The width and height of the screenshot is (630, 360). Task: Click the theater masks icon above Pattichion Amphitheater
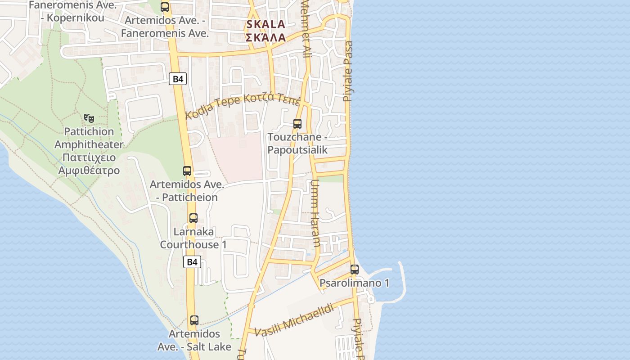[89, 118]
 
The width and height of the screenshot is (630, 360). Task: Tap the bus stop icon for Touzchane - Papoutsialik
[297, 123]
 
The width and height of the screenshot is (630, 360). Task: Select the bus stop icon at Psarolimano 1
[355, 270]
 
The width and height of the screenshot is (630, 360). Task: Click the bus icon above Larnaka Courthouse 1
[193, 218]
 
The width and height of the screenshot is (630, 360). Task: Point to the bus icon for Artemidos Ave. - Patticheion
[187, 171]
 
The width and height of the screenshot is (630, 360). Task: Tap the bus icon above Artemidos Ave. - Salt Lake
[194, 320]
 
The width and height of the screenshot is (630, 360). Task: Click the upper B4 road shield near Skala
[178, 79]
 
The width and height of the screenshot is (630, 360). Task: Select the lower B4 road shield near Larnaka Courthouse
[192, 262]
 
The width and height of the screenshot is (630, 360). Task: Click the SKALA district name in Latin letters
[265, 24]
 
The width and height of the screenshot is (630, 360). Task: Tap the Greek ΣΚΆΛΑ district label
[265, 37]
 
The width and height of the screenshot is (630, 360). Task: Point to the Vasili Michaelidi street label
[294, 320]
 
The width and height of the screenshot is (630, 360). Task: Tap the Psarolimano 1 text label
[354, 283]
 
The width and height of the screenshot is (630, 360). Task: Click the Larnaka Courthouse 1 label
[193, 238]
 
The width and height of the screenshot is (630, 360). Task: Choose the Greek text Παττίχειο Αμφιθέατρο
[89, 164]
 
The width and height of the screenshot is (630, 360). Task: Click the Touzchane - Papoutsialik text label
[297, 144]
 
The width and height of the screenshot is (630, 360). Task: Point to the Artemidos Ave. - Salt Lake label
[194, 340]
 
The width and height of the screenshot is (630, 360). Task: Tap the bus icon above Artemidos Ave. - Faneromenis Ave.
[165, 7]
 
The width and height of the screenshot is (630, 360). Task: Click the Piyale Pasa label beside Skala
[348, 71]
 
